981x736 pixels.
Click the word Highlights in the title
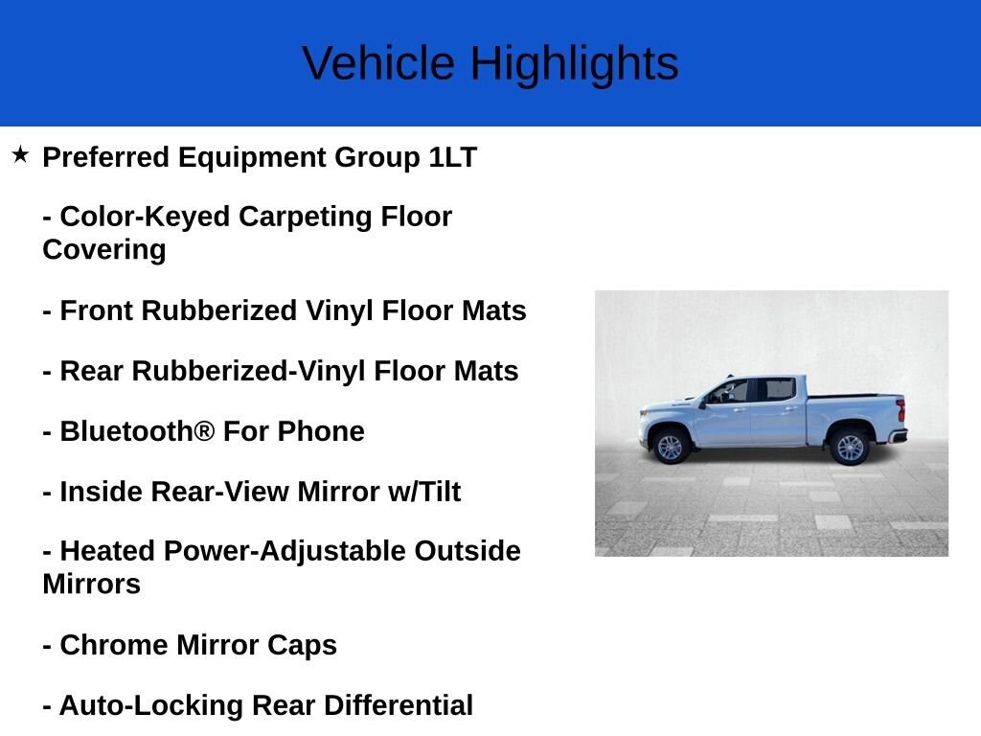coord(574,64)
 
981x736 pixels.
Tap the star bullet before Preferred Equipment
coord(20,154)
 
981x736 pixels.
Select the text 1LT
coord(452,157)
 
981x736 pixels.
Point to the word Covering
coord(103,249)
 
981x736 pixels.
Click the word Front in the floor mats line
coord(97,310)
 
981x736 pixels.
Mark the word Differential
coord(398,705)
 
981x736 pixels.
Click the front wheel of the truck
coord(670,447)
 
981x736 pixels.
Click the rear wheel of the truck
coord(849,447)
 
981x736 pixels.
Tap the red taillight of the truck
coord(901,409)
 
